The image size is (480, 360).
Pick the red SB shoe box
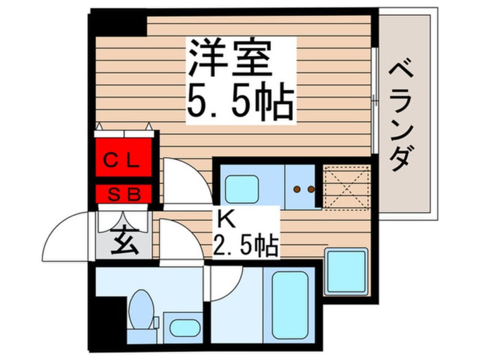124,195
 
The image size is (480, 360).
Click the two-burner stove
303,188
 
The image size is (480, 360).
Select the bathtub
290,303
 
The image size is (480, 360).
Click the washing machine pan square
346,270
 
